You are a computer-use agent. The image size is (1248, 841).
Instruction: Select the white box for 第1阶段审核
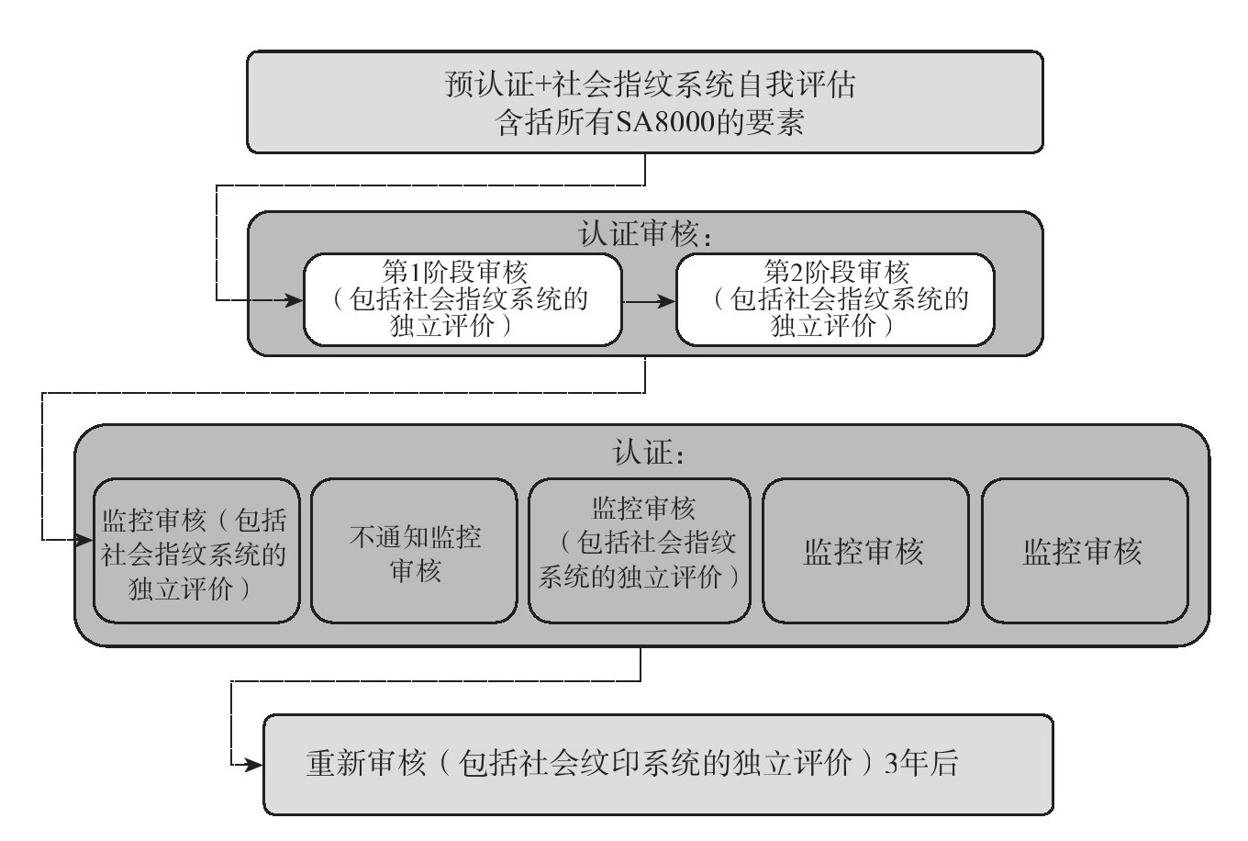coord(462,299)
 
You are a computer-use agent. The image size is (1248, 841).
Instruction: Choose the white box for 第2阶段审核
coord(835,299)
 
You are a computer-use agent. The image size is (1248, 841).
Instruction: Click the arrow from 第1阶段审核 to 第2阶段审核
coord(649,300)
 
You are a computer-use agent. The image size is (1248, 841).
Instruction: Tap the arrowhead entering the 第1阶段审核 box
coord(295,300)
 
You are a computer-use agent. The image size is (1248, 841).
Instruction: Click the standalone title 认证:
coord(647,453)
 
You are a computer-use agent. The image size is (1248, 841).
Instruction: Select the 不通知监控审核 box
coord(414,551)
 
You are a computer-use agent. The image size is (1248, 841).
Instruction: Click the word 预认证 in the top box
coord(488,86)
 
